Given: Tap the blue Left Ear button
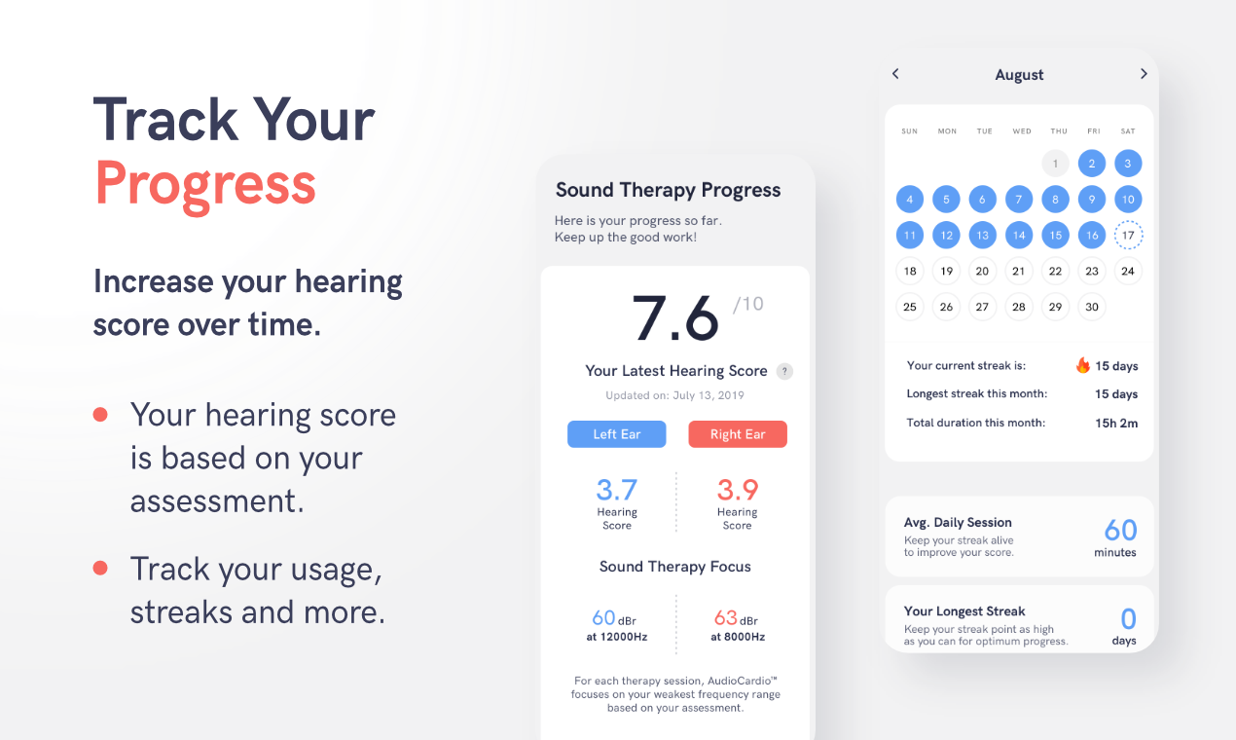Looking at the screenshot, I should coord(617,434).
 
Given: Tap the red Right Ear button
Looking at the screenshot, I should coord(737,434).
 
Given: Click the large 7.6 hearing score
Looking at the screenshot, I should coord(675,318).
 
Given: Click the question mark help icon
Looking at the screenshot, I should coord(784,371).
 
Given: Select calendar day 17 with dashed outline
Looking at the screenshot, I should coord(1128,236).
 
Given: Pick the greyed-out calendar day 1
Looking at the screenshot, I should coord(1055,164).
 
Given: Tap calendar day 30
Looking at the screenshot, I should coord(1092,307).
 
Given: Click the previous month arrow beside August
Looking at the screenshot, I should coord(895,74).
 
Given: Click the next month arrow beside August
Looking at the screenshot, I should coord(1144,74).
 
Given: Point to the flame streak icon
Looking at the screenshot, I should coord(1082,365).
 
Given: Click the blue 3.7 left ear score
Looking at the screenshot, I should coord(617,490).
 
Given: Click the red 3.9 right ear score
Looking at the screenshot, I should coord(737,490).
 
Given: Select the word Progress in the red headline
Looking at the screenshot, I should coord(205,182).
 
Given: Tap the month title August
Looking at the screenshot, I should coord(1019,75).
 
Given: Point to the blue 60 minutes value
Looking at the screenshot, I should coord(1120,530).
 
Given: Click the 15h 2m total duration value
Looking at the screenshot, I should coord(1116,423).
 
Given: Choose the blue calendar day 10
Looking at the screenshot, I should coord(1128,200).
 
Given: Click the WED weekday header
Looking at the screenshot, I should coord(1021,131).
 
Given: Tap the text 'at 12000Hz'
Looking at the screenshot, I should coord(617,637).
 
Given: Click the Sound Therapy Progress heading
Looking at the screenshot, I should coord(668,190).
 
